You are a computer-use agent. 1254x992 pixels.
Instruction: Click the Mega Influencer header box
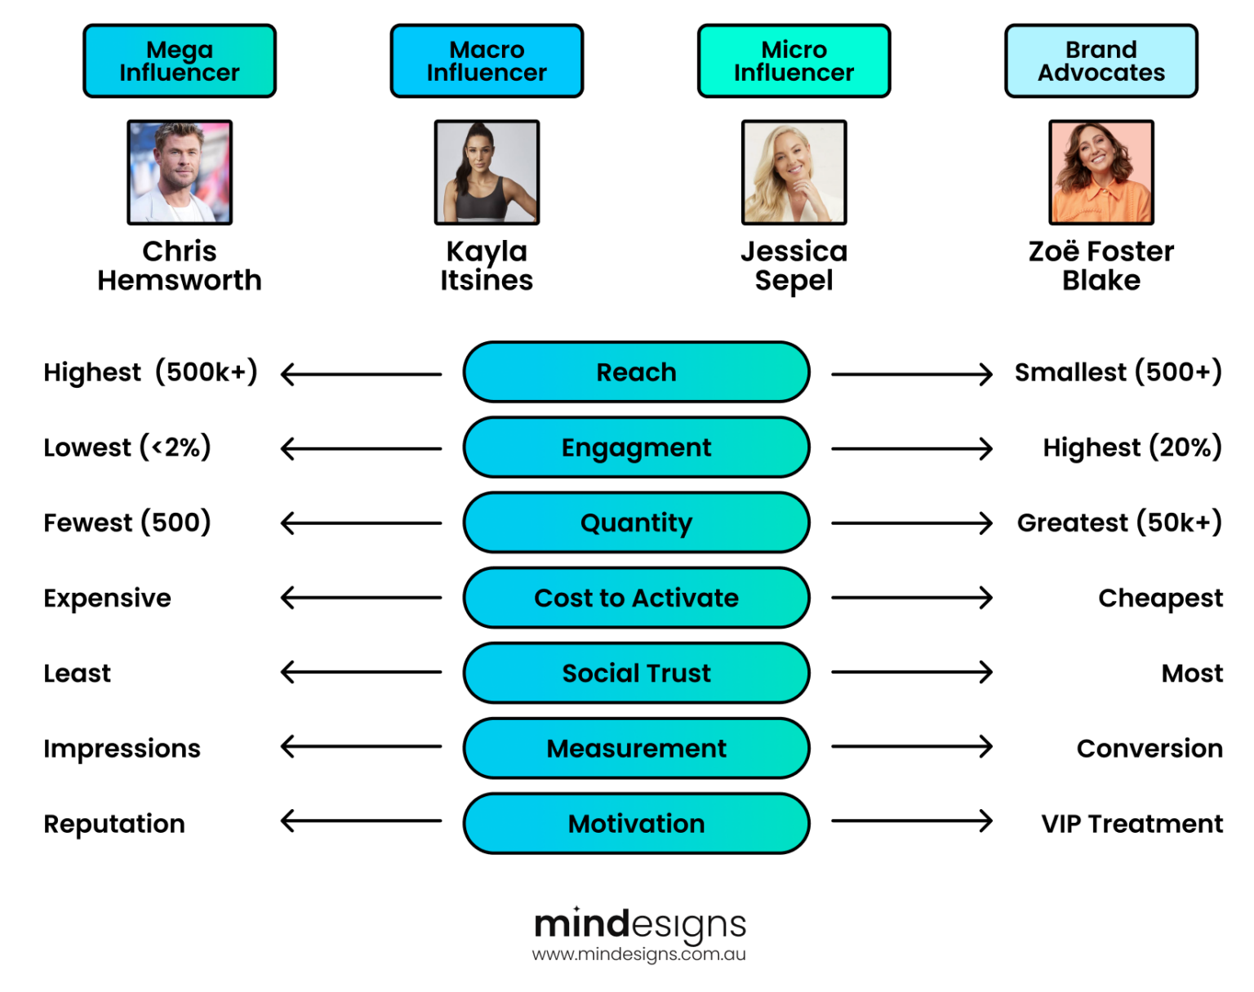pos(180,61)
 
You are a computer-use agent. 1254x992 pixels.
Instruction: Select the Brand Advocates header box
pos(1101,61)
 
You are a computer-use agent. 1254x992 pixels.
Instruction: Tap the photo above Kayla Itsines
pos(487,172)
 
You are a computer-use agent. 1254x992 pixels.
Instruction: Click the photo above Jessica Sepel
pos(794,172)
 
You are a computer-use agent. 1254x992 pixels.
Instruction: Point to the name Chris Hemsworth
pos(180,265)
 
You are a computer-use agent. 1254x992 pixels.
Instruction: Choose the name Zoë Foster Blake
pos(1101,265)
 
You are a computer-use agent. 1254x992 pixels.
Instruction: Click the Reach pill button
pos(636,372)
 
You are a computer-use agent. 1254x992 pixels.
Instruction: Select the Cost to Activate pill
pos(636,598)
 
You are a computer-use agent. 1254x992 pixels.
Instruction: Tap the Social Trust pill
pos(636,673)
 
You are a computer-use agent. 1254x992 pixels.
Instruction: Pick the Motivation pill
pos(636,823)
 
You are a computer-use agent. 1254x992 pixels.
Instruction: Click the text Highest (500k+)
pos(150,372)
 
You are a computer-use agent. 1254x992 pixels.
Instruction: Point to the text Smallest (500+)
pos(1118,372)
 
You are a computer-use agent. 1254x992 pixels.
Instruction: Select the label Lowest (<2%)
pos(127,447)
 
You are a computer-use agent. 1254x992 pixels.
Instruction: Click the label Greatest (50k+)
pos(1118,523)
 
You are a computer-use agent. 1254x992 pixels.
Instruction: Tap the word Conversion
pos(1149,748)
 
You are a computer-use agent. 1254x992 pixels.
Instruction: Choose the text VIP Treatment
pos(1132,823)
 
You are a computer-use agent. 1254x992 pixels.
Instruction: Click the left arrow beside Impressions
pos(361,746)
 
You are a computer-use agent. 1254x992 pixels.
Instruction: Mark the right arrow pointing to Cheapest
pos(911,598)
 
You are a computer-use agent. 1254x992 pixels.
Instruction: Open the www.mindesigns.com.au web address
pos(638,954)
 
